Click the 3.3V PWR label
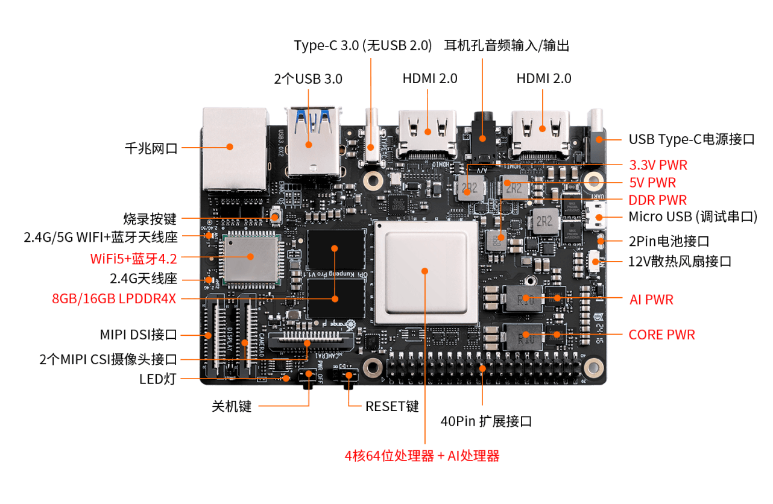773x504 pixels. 658,165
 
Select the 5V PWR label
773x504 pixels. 652,182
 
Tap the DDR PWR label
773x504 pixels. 658,200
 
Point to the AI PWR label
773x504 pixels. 651,299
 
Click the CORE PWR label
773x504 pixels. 661,334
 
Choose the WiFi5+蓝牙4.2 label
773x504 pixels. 133,259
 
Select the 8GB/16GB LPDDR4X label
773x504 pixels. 114,298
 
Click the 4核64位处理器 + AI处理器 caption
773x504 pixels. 422,456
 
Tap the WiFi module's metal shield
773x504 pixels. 250,259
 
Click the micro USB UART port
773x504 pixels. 596,218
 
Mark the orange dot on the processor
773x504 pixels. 426,271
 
